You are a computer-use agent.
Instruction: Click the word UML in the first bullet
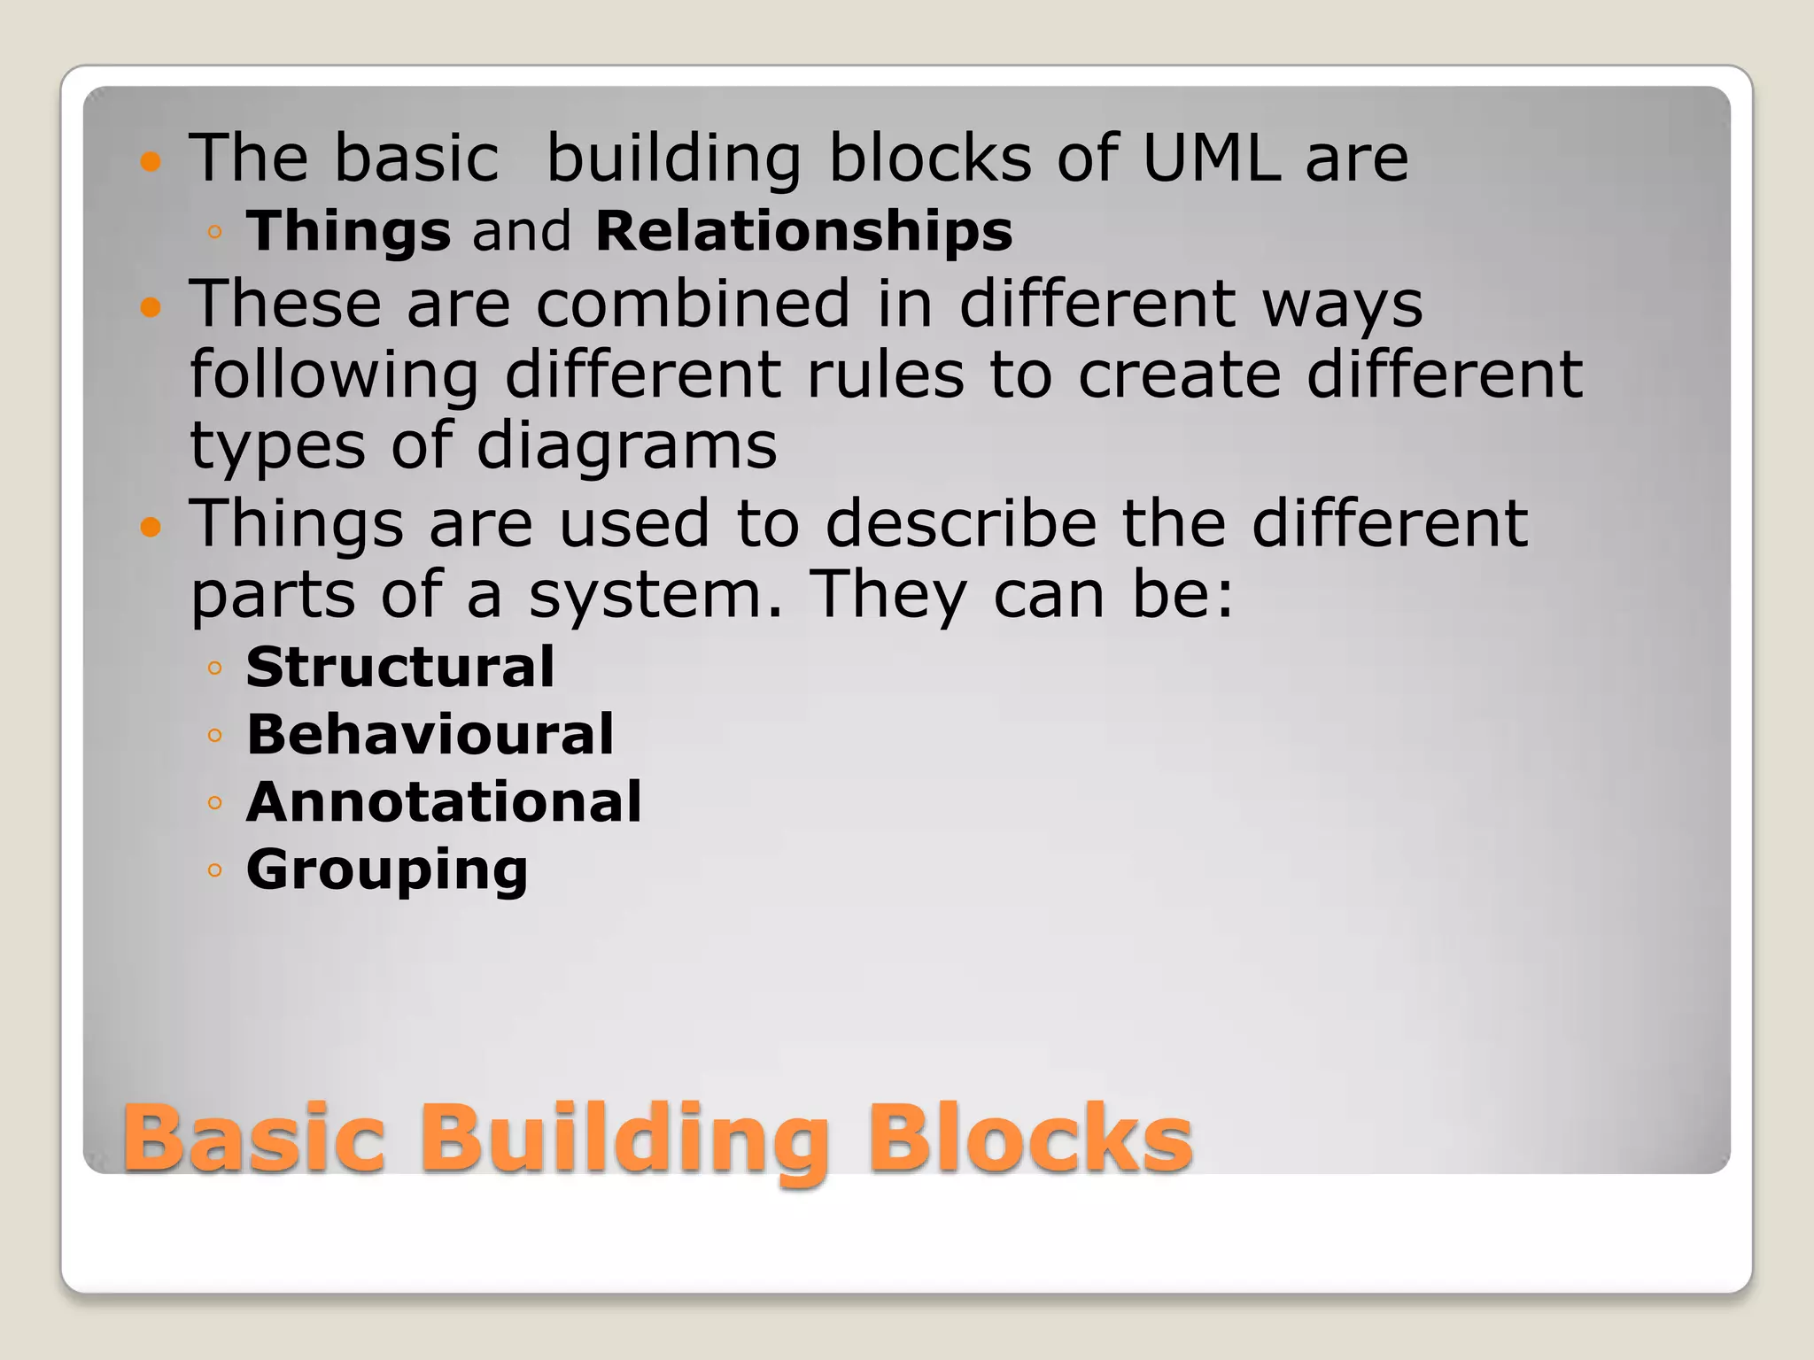click(1211, 158)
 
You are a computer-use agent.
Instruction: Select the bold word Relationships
click(803, 231)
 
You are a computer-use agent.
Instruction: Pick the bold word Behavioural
click(430, 734)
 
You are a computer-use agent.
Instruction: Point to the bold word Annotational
click(444, 801)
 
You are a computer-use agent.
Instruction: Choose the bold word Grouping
click(387, 869)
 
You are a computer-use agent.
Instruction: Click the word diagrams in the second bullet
click(627, 446)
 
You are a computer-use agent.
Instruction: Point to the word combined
click(694, 304)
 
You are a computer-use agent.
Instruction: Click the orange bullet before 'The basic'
click(151, 162)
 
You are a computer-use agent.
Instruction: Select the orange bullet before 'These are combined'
click(151, 307)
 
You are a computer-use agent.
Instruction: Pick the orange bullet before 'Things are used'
click(151, 528)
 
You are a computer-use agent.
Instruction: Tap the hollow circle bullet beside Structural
click(214, 667)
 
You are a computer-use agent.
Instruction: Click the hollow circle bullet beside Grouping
click(214, 869)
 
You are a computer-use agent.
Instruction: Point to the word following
click(335, 375)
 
